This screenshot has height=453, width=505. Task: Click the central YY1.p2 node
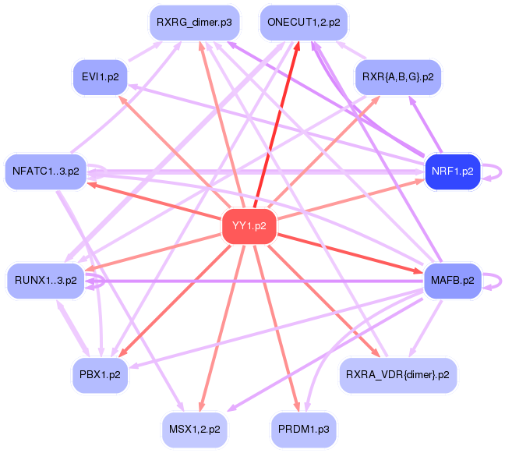coord(249,226)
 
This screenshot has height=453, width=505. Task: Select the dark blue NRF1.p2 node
coord(451,171)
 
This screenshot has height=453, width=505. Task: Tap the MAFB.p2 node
coord(451,280)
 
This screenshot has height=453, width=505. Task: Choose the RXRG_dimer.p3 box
coord(194,23)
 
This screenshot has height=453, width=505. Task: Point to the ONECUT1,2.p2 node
coord(303,23)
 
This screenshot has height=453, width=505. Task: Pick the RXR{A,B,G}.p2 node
coord(397,76)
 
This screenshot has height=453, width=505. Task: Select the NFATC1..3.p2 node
coord(46,171)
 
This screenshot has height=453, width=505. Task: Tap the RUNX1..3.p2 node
coord(46,280)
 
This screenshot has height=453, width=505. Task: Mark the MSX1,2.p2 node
coord(194,429)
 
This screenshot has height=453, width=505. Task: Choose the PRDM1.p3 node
coord(303,429)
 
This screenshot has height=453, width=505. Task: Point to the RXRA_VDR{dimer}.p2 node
coord(397,374)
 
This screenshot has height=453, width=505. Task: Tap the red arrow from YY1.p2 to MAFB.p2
coord(351,253)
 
